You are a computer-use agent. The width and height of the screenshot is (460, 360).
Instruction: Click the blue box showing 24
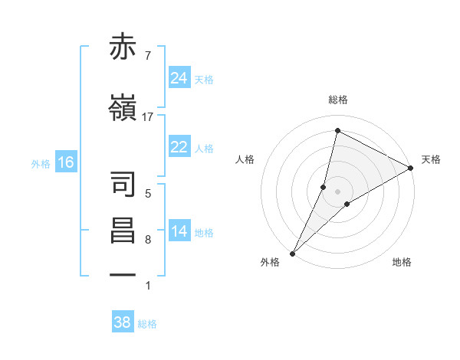coord(179,78)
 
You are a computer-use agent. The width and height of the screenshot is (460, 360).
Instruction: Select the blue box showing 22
coord(179,148)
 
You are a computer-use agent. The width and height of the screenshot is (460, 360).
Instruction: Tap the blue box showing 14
coord(179,232)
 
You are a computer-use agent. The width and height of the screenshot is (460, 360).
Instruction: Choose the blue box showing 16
coord(65,162)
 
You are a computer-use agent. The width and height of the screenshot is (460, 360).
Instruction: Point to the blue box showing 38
coord(122,322)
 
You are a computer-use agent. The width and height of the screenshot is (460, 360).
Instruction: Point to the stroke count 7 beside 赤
coord(147,56)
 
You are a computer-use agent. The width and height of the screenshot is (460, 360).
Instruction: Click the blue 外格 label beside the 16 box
coord(41,163)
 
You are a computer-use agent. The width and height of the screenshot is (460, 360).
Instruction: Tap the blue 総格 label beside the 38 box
coord(147,324)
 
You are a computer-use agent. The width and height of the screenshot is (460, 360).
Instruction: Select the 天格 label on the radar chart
coord(432,159)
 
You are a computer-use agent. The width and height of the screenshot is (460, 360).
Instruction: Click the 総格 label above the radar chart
coord(337,100)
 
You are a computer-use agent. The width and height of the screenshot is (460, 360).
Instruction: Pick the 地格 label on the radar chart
coord(402,263)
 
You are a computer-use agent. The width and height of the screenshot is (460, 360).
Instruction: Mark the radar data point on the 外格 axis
coord(292,253)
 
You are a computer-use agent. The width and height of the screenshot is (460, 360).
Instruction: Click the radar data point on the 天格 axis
coord(411,168)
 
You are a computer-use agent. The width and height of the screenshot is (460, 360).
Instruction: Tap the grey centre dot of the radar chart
coord(337,191)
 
